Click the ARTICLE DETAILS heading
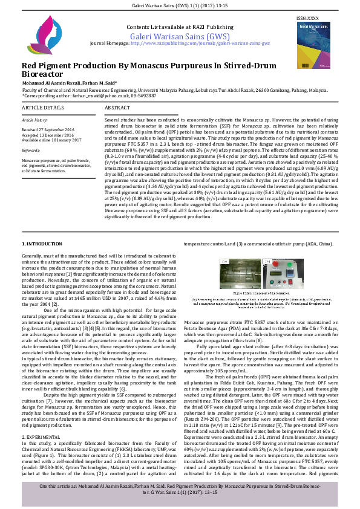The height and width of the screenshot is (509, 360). coord(43,108)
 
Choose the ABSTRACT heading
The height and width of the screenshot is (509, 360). coord(117,108)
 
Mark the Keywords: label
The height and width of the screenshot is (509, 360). coord(31,149)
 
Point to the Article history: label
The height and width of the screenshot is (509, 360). coord(34,120)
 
